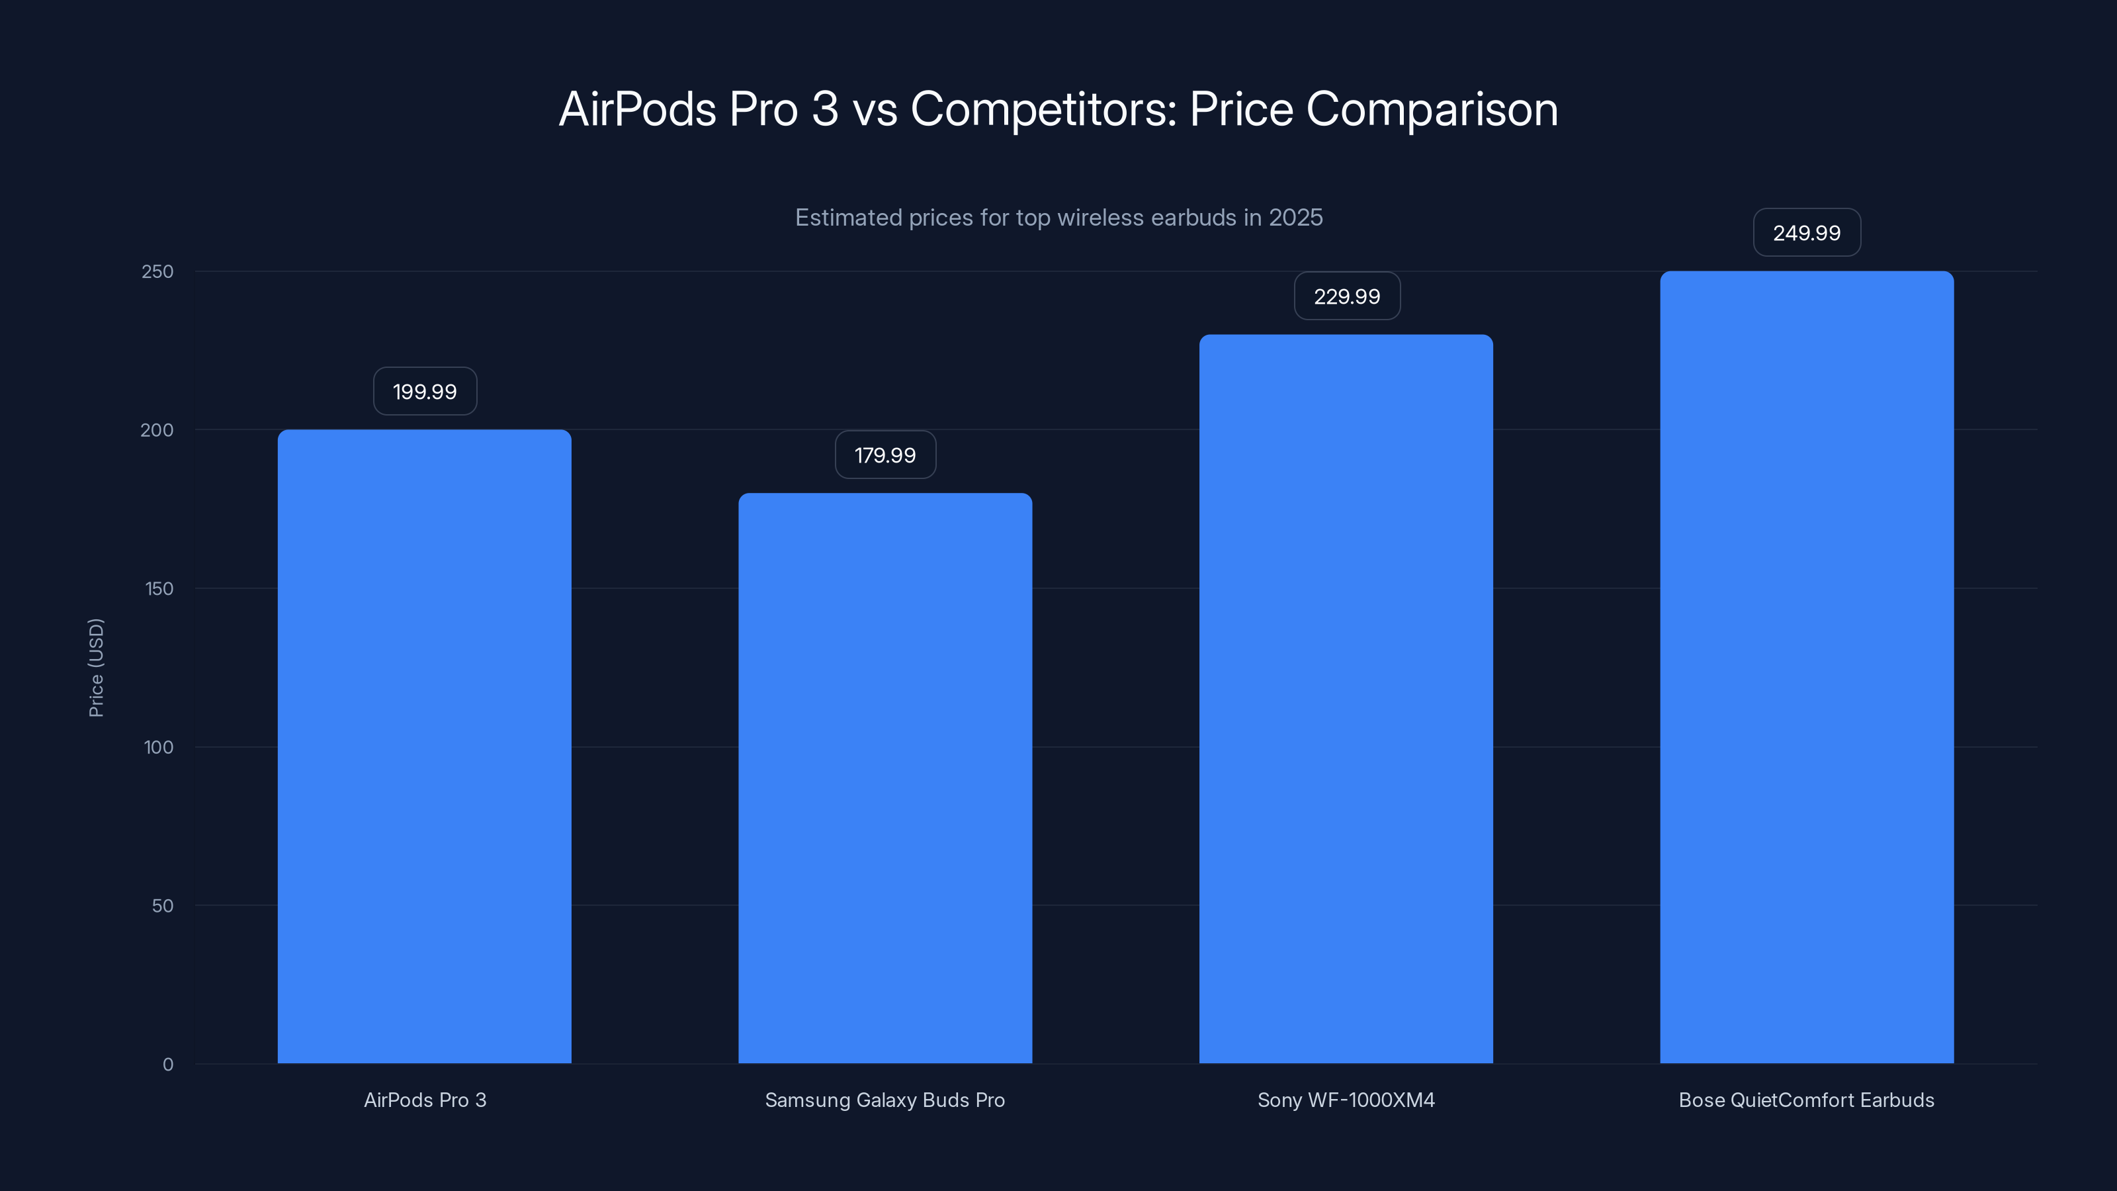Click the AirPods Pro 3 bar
[x=424, y=746]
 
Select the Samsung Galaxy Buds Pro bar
[x=885, y=777]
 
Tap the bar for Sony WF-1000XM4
[x=1346, y=699]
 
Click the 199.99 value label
[x=425, y=391]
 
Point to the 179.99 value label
[x=885, y=455]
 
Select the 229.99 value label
[x=1347, y=296]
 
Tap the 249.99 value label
[x=1806, y=233]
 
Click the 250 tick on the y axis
[x=158, y=271]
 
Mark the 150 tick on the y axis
[x=159, y=588]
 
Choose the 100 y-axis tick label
[x=159, y=747]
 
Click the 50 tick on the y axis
[x=163, y=906]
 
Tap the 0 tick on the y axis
[x=167, y=1065]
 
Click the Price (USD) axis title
[x=96, y=668]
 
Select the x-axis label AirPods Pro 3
[x=425, y=1100]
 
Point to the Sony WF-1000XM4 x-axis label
[x=1346, y=1100]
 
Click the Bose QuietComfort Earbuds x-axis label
[x=1806, y=1100]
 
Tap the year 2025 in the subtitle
[x=1295, y=217]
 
